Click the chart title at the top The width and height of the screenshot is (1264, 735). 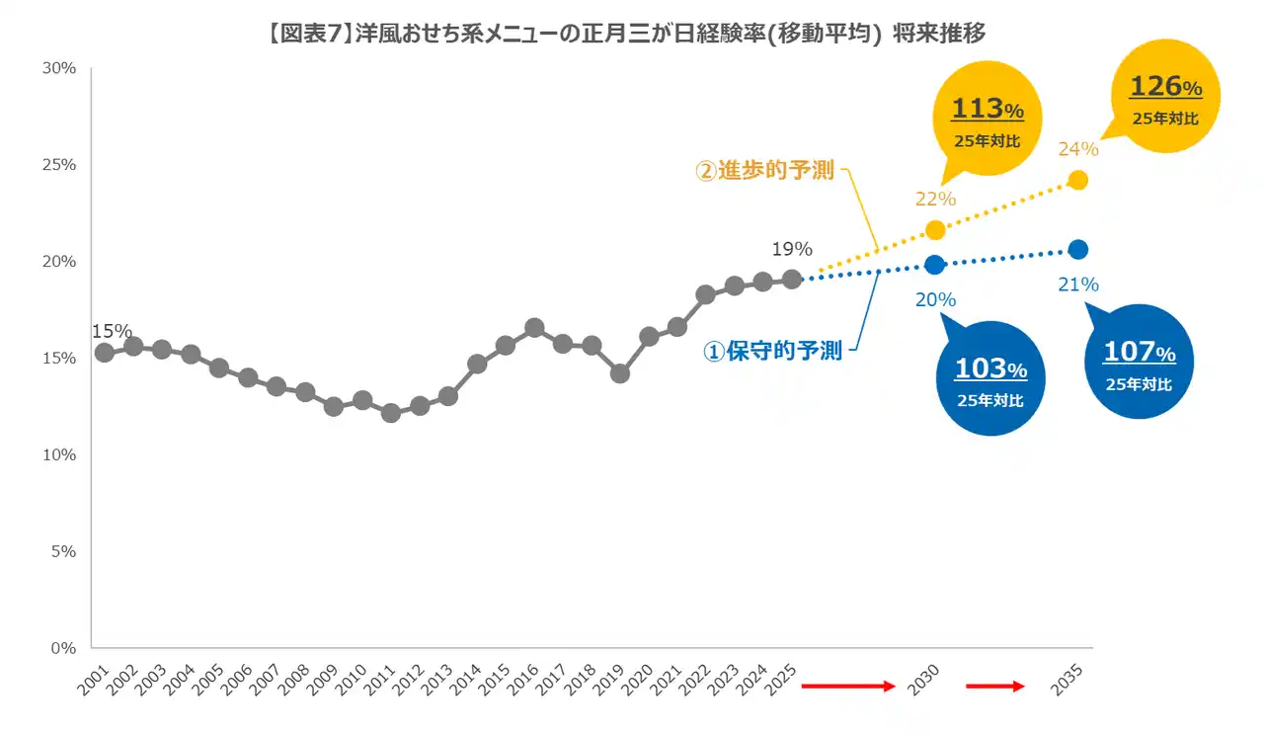[627, 34]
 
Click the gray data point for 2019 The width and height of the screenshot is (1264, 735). [620, 373]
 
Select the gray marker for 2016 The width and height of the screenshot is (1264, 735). [534, 328]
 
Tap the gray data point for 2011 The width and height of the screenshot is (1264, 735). [391, 413]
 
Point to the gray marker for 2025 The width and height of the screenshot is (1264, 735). [792, 280]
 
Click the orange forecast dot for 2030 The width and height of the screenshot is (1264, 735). [935, 230]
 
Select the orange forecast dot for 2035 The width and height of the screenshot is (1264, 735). [1078, 180]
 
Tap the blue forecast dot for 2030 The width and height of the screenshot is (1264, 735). [935, 265]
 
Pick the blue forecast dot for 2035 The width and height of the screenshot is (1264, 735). [1078, 249]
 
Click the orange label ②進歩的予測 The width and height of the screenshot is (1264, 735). [765, 171]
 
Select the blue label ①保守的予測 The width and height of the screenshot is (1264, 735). [772, 351]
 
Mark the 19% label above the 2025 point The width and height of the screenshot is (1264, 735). [791, 249]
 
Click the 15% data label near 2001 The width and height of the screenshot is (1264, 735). [111, 332]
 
